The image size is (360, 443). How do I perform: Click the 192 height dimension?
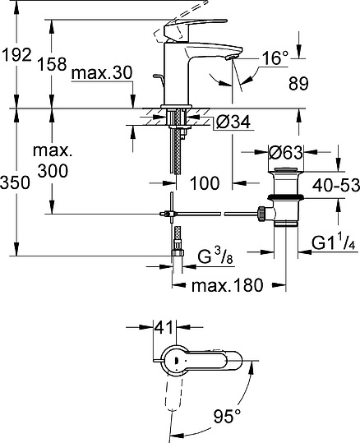click(16, 55)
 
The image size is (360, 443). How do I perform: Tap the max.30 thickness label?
click(101, 75)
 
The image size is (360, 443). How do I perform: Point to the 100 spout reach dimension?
click(205, 182)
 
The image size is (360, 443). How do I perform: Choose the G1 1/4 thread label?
click(332, 244)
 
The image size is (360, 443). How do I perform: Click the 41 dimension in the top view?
click(163, 327)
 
